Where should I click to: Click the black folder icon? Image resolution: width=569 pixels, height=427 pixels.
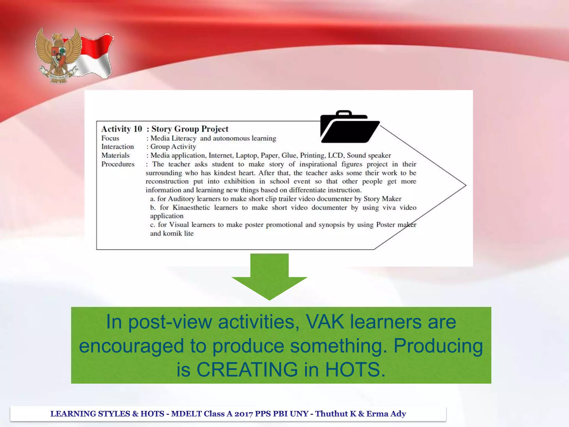pos(349,127)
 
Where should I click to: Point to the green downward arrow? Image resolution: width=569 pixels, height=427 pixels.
pos(269,277)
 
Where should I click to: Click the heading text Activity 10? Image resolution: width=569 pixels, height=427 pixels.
pos(121,129)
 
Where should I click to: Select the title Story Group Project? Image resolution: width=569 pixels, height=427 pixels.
pos(190,129)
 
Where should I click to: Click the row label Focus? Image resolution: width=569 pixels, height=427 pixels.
pos(110,138)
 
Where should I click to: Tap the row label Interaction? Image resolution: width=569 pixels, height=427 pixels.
pos(118,147)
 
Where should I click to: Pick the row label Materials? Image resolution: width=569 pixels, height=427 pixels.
pos(115,155)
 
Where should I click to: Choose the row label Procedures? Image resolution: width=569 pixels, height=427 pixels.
pos(118,164)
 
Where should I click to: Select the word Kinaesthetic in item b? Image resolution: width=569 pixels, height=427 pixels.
pos(191,208)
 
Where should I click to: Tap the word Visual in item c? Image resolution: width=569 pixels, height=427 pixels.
pos(179,225)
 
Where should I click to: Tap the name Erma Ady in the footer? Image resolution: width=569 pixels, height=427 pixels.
pos(386,414)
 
